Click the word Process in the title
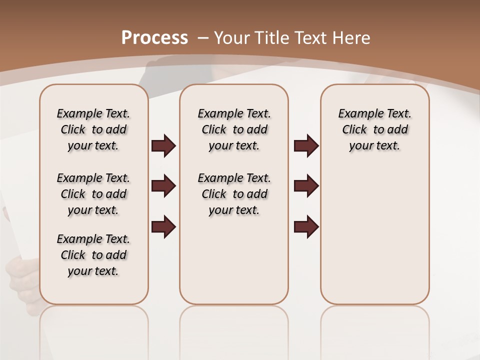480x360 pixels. tap(154, 38)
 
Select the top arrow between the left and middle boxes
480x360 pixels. tap(163, 145)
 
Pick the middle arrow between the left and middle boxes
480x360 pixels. tap(163, 186)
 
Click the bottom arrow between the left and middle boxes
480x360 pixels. tap(163, 226)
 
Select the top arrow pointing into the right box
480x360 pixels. tap(306, 145)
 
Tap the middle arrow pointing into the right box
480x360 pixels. tap(306, 186)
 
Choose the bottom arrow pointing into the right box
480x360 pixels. tap(306, 226)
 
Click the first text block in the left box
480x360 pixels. tap(93, 129)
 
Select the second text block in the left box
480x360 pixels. tap(93, 194)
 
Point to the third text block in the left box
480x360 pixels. tap(93, 255)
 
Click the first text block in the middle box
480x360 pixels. tap(234, 129)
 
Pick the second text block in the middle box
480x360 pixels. tap(234, 194)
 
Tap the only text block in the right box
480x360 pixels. tap(374, 129)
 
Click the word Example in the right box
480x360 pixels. tap(359, 114)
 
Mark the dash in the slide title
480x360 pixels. tap(202, 38)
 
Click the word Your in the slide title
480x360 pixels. tap(232, 38)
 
